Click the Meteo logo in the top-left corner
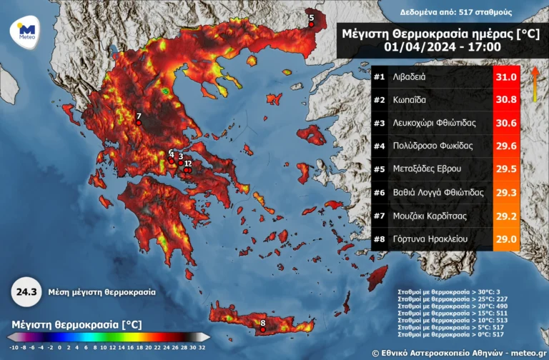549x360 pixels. [26, 31]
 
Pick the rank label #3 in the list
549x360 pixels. [380, 123]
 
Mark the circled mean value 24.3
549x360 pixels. [26, 292]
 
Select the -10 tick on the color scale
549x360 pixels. [13, 347]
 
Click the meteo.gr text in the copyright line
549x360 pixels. [525, 353]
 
